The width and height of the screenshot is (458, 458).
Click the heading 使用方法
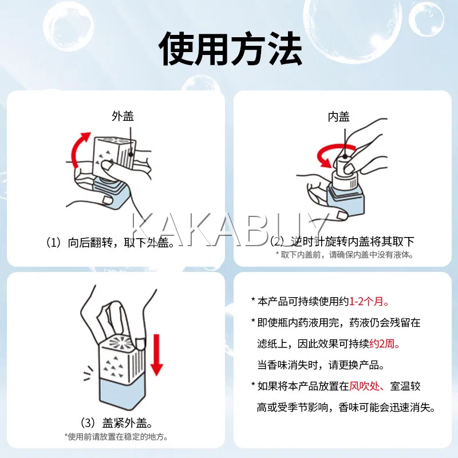230,49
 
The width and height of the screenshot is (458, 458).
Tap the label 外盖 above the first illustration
123,116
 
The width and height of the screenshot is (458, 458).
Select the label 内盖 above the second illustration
338,117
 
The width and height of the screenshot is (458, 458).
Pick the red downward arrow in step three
157,354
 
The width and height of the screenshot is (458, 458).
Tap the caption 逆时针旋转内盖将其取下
353,242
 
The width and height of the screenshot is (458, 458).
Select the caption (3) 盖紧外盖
117,423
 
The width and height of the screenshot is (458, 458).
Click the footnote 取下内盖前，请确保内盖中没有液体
345,255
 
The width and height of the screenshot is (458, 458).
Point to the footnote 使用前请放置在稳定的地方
116,437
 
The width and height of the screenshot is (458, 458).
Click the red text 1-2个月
369,301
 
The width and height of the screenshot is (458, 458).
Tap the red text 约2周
384,344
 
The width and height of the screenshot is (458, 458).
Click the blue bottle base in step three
122,393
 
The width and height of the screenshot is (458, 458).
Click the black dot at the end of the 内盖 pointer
345,156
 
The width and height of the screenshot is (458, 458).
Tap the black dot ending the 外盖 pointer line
131,154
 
